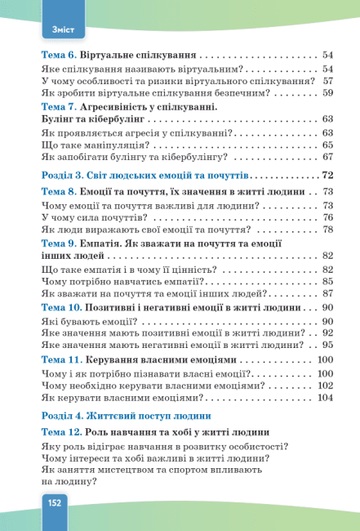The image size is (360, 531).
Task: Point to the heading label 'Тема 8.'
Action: pos(59,191)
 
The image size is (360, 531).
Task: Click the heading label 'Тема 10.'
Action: pos(61,308)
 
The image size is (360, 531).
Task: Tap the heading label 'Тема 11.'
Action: pos(61,360)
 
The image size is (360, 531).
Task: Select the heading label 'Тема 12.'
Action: pos(61,431)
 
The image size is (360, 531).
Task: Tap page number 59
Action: pos(329,93)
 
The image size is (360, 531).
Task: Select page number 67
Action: pos(329,157)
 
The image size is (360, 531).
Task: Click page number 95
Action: pos(329,345)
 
